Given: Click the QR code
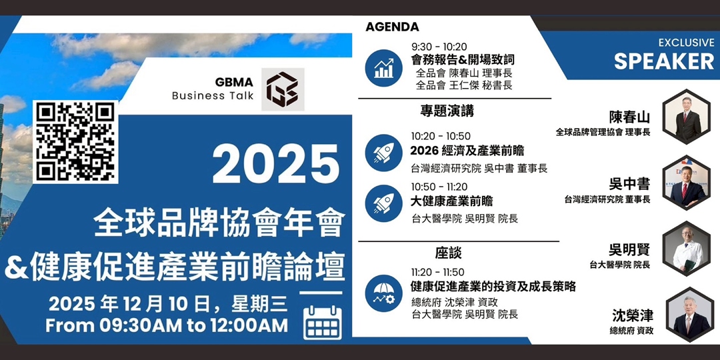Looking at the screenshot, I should click(x=75, y=141).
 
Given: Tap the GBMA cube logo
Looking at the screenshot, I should click(x=283, y=89).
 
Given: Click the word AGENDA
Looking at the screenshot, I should click(x=392, y=27).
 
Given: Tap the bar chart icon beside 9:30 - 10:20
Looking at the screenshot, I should click(x=383, y=67).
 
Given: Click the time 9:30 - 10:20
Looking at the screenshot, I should click(x=439, y=47).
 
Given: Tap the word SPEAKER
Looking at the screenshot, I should click(x=663, y=61).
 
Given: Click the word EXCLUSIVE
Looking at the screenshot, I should click(x=686, y=43).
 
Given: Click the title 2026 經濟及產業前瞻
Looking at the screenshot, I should click(x=467, y=151).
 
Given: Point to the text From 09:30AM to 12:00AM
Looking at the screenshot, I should click(x=167, y=326).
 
